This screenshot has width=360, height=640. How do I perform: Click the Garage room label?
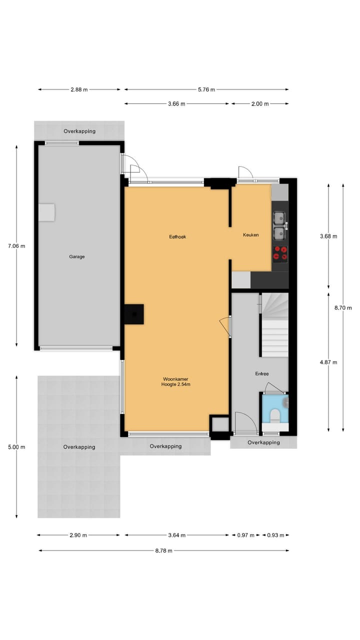click(77, 256)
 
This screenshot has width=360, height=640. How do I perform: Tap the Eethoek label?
click(177, 236)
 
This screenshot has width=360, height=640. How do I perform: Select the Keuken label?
click(250, 234)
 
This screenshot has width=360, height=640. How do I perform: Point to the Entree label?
click(261, 373)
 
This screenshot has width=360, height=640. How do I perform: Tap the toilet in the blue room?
click(274, 415)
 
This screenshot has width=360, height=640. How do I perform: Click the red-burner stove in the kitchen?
click(280, 253)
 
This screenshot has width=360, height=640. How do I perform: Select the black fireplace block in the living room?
click(134, 314)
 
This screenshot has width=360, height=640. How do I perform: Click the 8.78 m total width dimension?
click(163, 550)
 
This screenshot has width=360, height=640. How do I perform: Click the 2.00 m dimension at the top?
click(259, 103)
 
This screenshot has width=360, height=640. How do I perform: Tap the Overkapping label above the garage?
click(79, 131)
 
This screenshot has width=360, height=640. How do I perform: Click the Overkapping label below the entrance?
click(263, 442)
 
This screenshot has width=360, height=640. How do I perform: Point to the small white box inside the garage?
click(47, 212)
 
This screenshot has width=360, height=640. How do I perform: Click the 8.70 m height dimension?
click(343, 307)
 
